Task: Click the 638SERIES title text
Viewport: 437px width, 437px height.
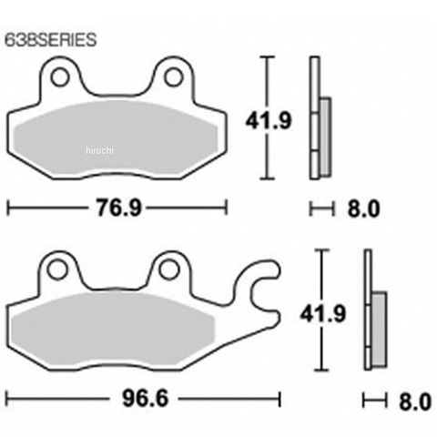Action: pos(51,40)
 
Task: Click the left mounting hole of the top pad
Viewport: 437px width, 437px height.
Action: pos(60,77)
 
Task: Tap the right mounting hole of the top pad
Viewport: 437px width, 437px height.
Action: pos(174,77)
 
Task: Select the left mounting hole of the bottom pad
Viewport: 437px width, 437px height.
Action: pos(56,269)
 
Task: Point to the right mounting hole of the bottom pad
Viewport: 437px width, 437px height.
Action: pos(168,269)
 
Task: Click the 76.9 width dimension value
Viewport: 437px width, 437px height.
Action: pos(119,208)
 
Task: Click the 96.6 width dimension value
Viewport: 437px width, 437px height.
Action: pos(145,399)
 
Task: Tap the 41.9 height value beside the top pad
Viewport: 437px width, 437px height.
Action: pos(269,120)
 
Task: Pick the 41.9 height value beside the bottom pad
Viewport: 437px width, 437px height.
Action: pos(323,313)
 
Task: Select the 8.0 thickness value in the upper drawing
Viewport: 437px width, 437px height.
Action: pos(363,208)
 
